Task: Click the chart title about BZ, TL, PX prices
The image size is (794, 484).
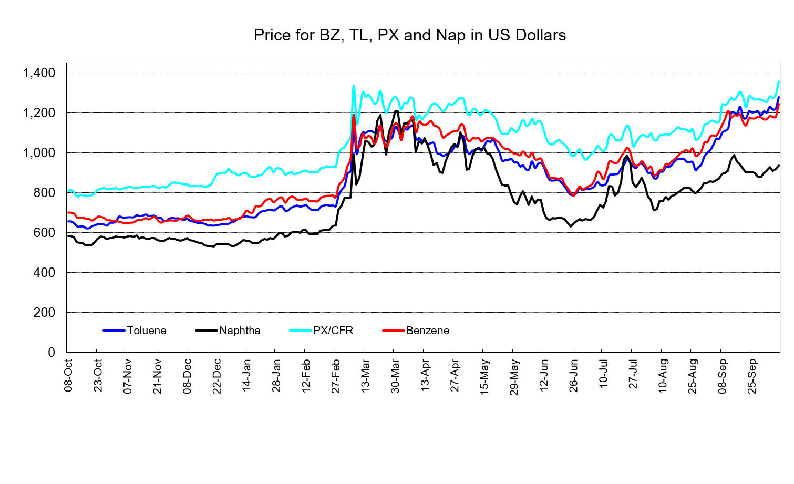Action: pyautogui.click(x=410, y=35)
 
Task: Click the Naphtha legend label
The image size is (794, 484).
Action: pyautogui.click(x=240, y=331)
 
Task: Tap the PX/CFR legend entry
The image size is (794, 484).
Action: pyautogui.click(x=333, y=331)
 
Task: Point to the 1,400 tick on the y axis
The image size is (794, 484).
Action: pyautogui.click(x=39, y=73)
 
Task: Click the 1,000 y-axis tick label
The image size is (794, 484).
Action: pyautogui.click(x=39, y=153)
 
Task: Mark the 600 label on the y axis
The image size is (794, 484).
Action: pyautogui.click(x=44, y=233)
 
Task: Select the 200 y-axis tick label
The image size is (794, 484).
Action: pyautogui.click(x=44, y=312)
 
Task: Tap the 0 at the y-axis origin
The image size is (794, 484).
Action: pyautogui.click(x=51, y=353)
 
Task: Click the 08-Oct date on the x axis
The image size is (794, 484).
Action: pyautogui.click(x=68, y=376)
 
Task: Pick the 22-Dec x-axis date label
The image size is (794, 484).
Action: pyautogui.click(x=216, y=376)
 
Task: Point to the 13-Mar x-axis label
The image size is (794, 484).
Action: pyautogui.click(x=365, y=376)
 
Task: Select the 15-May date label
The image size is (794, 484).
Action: pyautogui.click(x=484, y=377)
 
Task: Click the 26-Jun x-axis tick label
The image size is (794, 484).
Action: pyautogui.click(x=573, y=376)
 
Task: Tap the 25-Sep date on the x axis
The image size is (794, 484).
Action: pyautogui.click(x=751, y=376)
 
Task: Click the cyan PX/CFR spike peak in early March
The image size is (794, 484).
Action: pyautogui.click(x=354, y=86)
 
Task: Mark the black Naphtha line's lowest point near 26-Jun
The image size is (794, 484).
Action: pyautogui.click(x=571, y=226)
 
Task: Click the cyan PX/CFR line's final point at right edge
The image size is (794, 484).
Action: pyautogui.click(x=778, y=81)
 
